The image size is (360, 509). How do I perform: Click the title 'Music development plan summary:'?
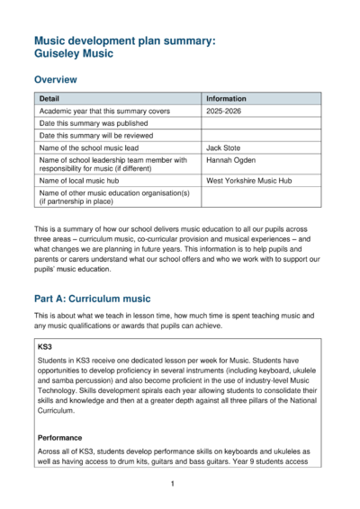[x=125, y=41]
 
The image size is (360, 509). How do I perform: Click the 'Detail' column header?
[x=49, y=97]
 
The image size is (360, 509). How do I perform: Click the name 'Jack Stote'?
[x=225, y=147]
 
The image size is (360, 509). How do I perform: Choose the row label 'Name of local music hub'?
[x=81, y=180]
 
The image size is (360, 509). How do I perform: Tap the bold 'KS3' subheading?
[x=46, y=345]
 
